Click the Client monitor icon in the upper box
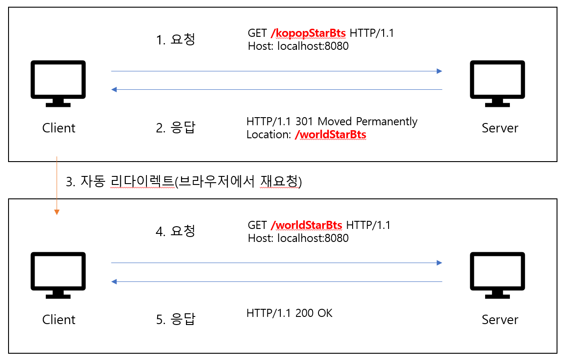click(58, 83)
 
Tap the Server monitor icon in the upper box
click(497, 83)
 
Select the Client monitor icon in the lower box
click(58, 275)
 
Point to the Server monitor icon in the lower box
click(497, 275)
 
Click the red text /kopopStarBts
click(308, 33)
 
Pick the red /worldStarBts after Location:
click(330, 135)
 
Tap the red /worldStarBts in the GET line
click(306, 225)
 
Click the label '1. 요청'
click(176, 40)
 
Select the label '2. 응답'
click(176, 128)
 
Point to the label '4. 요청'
click(176, 231)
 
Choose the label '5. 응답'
click(176, 320)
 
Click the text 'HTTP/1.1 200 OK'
click(289, 313)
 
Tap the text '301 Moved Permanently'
click(367, 122)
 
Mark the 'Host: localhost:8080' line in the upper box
click(298, 46)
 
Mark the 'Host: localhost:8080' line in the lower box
click(298, 238)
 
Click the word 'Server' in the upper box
click(500, 128)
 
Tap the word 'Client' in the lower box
click(59, 320)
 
